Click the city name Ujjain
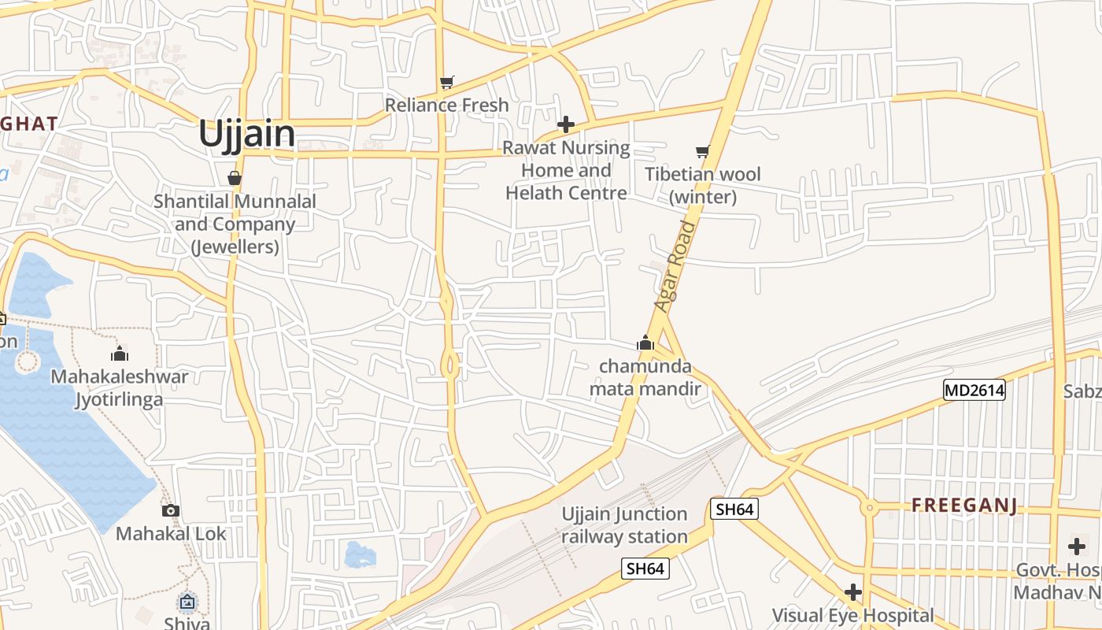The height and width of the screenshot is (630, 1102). [246, 134]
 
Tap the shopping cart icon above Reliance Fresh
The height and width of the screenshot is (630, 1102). [447, 82]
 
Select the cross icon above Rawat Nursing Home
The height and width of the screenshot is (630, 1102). [565, 124]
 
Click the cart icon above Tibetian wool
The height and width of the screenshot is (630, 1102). [702, 151]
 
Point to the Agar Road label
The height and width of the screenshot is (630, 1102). [676, 266]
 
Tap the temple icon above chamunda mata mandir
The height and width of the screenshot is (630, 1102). [645, 343]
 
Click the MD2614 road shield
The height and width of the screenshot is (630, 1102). [974, 390]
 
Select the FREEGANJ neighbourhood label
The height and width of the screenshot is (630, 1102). [964, 506]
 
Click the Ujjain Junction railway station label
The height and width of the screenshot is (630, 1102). [624, 525]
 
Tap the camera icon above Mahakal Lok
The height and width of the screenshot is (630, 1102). [171, 510]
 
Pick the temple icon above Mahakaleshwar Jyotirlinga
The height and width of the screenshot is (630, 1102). [120, 354]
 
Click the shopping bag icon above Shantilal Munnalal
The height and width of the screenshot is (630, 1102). [234, 178]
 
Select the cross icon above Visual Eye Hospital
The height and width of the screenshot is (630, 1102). [852, 591]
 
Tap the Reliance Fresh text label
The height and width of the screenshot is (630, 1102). [446, 105]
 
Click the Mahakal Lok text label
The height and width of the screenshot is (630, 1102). [171, 534]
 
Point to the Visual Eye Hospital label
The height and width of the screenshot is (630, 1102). [852, 615]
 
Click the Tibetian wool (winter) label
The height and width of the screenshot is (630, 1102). [703, 185]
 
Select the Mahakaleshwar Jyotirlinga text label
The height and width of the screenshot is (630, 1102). [120, 387]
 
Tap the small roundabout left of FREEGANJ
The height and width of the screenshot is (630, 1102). [869, 508]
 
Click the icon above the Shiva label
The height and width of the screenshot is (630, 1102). [187, 602]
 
